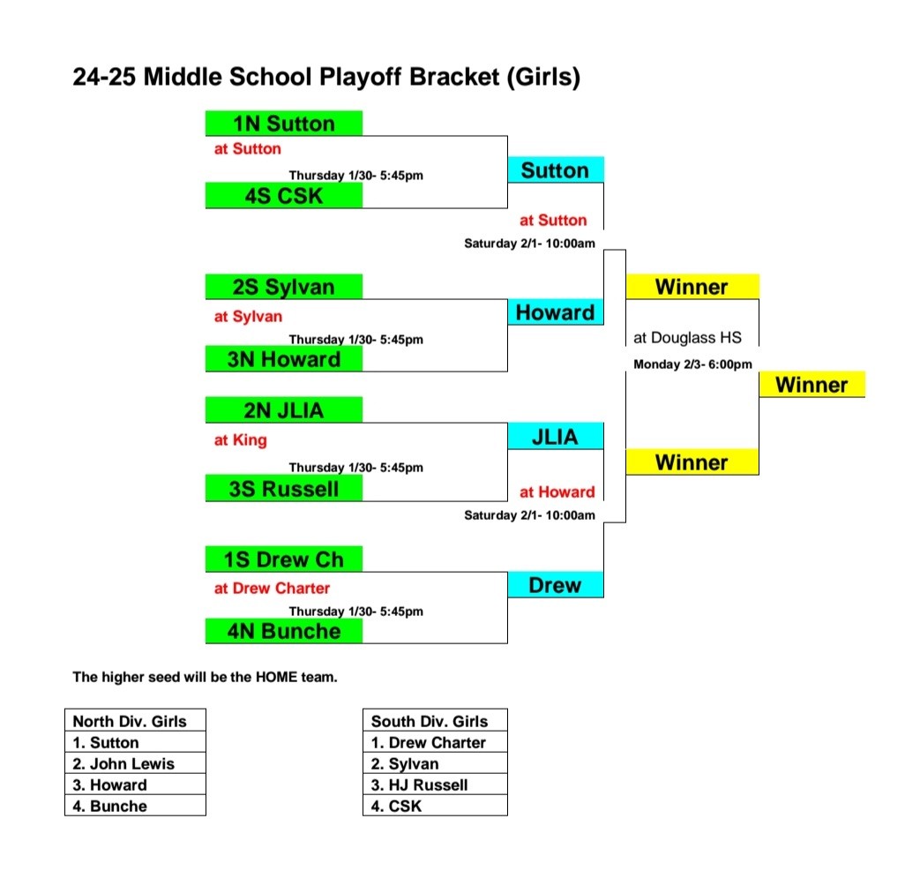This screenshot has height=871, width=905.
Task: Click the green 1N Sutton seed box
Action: click(x=283, y=123)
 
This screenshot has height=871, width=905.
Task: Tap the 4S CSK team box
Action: click(x=283, y=196)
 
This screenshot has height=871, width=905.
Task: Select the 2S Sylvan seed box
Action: click(x=283, y=287)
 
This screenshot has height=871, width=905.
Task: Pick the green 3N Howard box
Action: click(x=283, y=359)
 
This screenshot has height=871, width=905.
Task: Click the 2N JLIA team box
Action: click(x=283, y=410)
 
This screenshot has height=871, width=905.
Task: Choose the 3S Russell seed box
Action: click(x=283, y=489)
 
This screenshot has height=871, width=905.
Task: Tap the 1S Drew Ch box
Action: click(x=283, y=559)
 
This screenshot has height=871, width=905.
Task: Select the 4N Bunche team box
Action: click(x=283, y=631)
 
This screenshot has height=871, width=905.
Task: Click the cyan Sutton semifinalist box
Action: click(x=555, y=170)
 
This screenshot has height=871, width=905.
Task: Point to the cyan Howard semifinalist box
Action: click(x=555, y=312)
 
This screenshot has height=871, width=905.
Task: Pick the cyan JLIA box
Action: click(x=555, y=437)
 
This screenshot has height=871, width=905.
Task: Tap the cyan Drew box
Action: click(x=555, y=585)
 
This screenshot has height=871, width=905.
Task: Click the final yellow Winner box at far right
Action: click(x=812, y=385)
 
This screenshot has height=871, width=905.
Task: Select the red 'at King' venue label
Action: click(x=240, y=439)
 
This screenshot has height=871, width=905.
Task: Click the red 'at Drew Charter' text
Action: click(x=272, y=588)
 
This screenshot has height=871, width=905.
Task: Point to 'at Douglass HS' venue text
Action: click(x=687, y=337)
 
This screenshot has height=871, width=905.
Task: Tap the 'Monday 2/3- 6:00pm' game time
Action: click(x=692, y=364)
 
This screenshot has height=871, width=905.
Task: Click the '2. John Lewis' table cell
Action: click(x=135, y=763)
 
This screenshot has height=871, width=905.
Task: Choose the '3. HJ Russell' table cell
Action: click(x=435, y=785)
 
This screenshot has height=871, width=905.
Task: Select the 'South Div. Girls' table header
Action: click(x=435, y=721)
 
